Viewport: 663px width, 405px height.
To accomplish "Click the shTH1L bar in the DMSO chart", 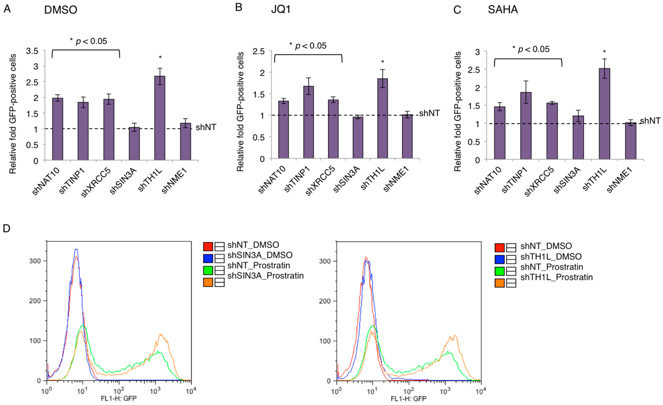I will [160, 118].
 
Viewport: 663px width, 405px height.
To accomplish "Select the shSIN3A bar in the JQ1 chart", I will [358, 137].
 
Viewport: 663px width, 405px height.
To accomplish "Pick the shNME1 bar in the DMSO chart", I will [185, 142].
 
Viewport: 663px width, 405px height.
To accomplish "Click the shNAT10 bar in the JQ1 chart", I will [283, 129].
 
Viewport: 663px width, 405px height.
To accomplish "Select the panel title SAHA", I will [503, 10].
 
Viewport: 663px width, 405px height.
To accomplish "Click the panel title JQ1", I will [281, 10].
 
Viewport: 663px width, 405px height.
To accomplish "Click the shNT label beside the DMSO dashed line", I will [206, 127].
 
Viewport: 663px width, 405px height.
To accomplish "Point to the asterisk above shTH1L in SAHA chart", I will [604, 52].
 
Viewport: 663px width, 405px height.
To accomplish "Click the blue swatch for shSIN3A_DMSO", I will [208, 258].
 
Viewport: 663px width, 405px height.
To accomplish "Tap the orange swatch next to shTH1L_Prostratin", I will [499, 283].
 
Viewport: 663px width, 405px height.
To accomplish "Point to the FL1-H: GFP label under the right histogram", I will [408, 399].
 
